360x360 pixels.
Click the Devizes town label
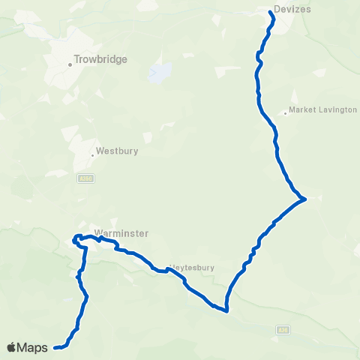293,9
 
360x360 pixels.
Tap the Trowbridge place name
102,59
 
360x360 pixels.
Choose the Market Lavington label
323,109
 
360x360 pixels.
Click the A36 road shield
282,329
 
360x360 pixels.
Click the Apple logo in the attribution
12,347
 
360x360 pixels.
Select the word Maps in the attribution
34,347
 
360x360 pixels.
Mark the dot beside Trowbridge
70,64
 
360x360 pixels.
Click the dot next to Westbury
92,155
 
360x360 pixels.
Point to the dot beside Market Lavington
285,114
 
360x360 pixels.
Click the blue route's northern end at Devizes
271,13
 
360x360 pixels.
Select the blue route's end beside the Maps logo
56,347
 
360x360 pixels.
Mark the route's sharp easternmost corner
304,199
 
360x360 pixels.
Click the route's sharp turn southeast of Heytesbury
226,309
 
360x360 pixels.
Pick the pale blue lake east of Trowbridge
160,73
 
